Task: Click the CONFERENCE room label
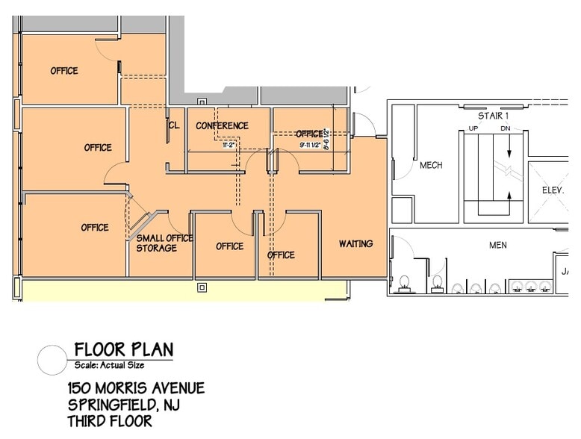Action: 222,125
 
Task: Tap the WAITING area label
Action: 355,244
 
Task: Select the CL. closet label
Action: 174,125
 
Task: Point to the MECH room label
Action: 431,165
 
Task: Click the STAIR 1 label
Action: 493,116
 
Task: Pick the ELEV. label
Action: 553,190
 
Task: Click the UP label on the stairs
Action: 473,128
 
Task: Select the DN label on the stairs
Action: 505,128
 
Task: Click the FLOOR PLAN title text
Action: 123,349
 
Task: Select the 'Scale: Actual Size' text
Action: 109,365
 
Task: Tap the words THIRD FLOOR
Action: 110,421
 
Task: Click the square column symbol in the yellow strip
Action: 201,287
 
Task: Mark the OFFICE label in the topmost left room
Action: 64,71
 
